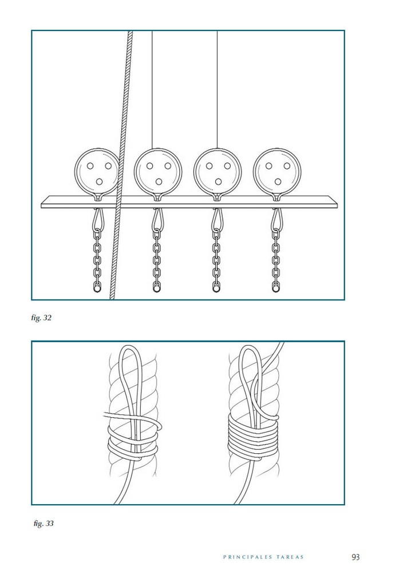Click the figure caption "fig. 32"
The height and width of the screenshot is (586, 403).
pyautogui.click(x=41, y=318)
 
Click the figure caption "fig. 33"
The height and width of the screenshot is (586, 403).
pyautogui.click(x=44, y=523)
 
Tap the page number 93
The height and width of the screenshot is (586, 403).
pyautogui.click(x=355, y=557)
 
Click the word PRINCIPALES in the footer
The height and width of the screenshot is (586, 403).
pyautogui.click(x=247, y=557)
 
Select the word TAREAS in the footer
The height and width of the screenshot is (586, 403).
pyautogui.click(x=290, y=557)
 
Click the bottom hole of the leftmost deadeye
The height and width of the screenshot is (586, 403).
pyautogui.click(x=99, y=181)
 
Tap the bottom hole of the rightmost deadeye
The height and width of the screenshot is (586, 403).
pyautogui.click(x=278, y=181)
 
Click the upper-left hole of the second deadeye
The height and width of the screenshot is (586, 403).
pyautogui.click(x=149, y=166)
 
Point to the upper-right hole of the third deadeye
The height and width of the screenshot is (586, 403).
pyautogui.click(x=227, y=166)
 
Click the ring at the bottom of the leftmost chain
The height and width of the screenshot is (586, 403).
pyautogui.click(x=97, y=288)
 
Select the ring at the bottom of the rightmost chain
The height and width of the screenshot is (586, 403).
pyautogui.click(x=275, y=288)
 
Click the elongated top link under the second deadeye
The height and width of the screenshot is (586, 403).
pyautogui.click(x=157, y=220)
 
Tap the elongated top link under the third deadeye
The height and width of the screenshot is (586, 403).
pyautogui.click(x=216, y=220)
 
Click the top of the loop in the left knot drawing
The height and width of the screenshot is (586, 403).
pyautogui.click(x=129, y=346)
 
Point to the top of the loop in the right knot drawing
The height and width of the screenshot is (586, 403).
pyautogui.click(x=248, y=346)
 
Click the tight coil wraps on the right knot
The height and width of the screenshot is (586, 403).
pyautogui.click(x=253, y=435)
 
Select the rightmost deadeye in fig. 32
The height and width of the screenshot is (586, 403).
pyautogui.click(x=277, y=172)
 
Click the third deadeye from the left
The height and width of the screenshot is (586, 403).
pyautogui.click(x=218, y=172)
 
